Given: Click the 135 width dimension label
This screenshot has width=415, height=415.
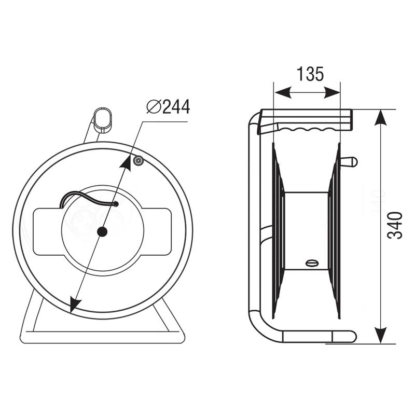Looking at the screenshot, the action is (x=310, y=74).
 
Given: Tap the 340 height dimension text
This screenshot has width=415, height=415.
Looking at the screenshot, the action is (x=395, y=225).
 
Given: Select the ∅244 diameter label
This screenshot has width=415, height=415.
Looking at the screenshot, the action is (x=168, y=107).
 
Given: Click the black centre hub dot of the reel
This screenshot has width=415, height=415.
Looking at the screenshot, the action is (x=102, y=232).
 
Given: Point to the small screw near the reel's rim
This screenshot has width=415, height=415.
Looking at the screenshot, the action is (x=139, y=160).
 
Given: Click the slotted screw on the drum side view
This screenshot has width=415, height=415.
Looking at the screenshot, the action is (x=313, y=264).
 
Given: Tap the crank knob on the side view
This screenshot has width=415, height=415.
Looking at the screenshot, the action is (x=349, y=162).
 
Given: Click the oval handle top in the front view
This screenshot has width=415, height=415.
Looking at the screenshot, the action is (x=103, y=120).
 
